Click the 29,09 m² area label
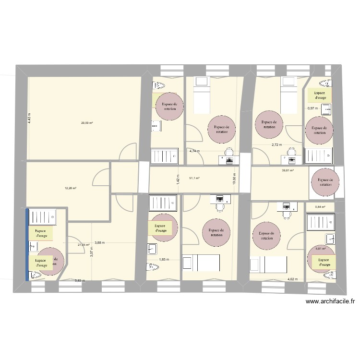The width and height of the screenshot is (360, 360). tap(87, 123)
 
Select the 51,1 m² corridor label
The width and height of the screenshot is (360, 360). tap(194, 178)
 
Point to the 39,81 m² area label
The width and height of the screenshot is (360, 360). tap(288, 170)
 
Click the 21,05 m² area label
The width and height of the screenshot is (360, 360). tap(84, 245)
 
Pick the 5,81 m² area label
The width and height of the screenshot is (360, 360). tap(321, 248)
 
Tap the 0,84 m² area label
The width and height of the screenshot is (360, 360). tap(320, 207)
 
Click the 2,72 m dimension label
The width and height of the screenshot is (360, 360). tap(277, 144)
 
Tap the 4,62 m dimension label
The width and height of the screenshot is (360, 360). tap(292, 279)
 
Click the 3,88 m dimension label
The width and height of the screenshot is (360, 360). tap(100, 242)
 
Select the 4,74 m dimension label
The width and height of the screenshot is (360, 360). tap(194, 151)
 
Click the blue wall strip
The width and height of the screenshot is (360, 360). tap(27, 244)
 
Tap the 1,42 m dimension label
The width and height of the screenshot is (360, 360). tap(178, 180)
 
